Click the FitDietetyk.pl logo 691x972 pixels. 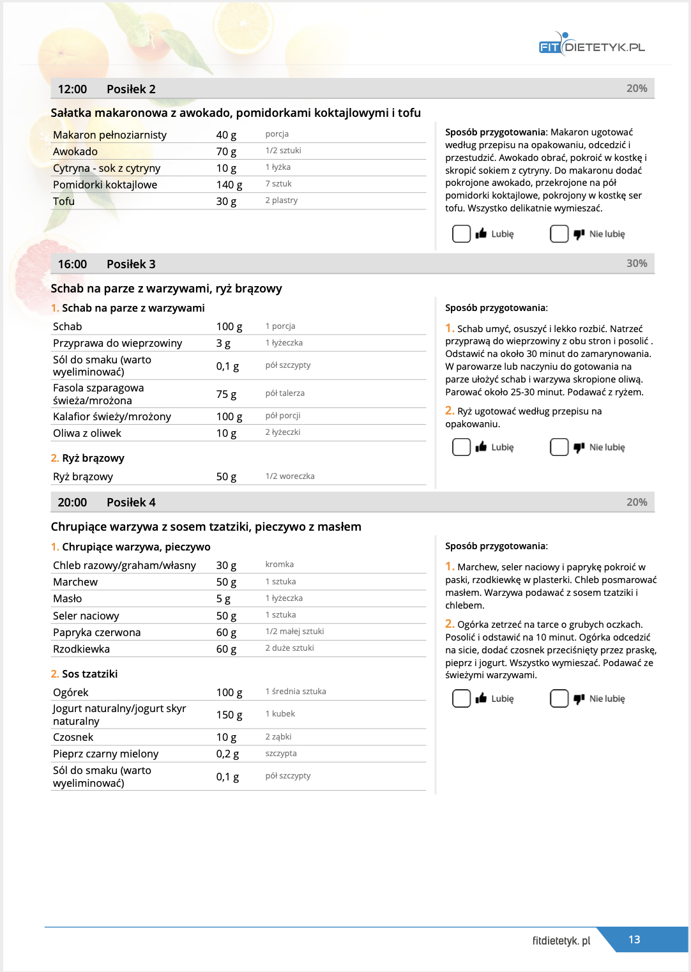[591, 45]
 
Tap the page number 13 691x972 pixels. [634, 939]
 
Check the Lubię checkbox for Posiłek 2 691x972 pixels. [461, 234]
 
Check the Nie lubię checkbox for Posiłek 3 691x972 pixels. [559, 447]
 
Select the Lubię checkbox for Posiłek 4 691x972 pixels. [461, 699]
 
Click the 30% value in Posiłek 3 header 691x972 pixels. [637, 263]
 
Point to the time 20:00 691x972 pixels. [72, 503]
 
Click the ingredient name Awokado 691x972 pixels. [75, 151]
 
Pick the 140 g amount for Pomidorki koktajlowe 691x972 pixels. [229, 185]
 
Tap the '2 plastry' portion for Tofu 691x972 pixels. [282, 201]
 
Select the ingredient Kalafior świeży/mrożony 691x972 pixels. [112, 416]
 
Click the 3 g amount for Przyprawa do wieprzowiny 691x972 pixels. [224, 343]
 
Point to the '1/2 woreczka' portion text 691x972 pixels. [290, 476]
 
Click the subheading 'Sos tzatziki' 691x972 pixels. [89, 674]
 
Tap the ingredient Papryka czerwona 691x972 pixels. [97, 632]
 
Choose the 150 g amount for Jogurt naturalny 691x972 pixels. [229, 715]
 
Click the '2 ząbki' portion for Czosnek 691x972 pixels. [278, 737]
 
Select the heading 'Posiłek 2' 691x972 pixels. [131, 89]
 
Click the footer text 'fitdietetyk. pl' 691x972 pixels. [561, 941]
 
